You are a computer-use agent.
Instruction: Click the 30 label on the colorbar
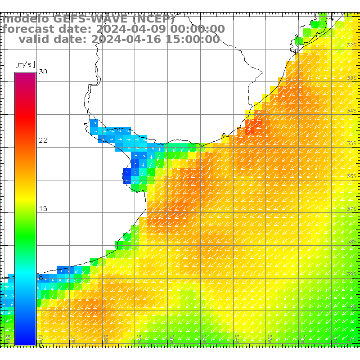pyautogui.click(x=43, y=72)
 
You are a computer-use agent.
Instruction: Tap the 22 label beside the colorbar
pyautogui.click(x=43, y=140)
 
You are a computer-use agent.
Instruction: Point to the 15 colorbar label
pyautogui.click(x=43, y=209)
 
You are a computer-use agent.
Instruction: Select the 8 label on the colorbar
pyautogui.click(x=41, y=277)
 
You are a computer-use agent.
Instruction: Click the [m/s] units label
pyautogui.click(x=25, y=64)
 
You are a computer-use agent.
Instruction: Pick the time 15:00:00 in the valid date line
pyautogui.click(x=191, y=40)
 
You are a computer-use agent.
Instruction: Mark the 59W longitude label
pyautogui.click(x=107, y=338)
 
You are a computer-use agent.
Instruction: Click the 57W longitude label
pyautogui.click(x=139, y=338)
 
